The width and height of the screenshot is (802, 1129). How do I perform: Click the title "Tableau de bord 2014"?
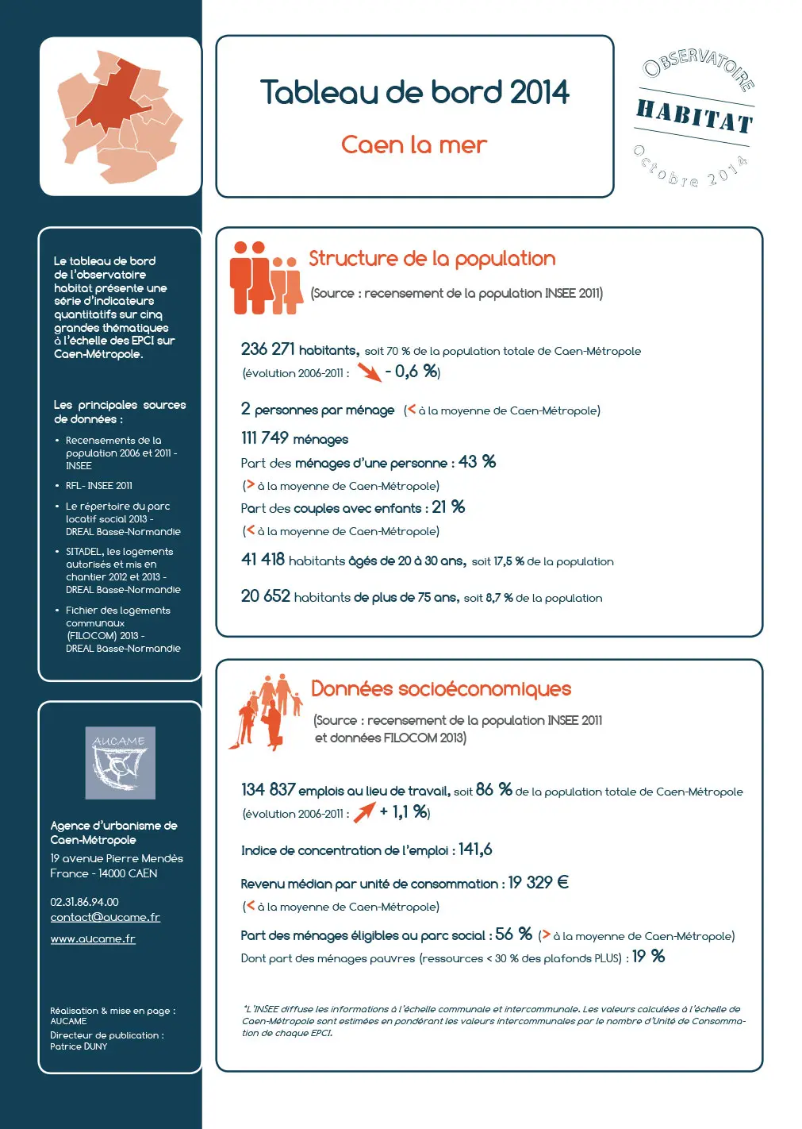coord(414,92)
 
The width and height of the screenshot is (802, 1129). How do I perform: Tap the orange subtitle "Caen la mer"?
coord(414,144)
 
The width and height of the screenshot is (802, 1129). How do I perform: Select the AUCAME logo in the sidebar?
coord(120,762)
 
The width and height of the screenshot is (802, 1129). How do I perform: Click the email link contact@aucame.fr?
coord(105,917)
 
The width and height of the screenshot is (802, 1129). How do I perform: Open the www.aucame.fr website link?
coord(93,938)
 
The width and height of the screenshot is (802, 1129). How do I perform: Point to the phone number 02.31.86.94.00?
coord(84,902)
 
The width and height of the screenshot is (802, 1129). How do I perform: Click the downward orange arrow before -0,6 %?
coord(369,372)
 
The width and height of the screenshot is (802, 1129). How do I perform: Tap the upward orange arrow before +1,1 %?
coord(364,811)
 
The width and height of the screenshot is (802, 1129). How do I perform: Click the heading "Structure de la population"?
coord(432,259)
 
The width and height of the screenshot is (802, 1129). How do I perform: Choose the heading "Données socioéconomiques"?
coord(441,688)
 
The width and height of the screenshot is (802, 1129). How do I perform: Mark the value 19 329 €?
coord(539,883)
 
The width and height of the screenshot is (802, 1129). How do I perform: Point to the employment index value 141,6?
coord(475,850)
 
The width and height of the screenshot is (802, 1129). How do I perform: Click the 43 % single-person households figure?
coord(478,462)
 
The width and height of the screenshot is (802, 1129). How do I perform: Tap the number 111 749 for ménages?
coord(265,438)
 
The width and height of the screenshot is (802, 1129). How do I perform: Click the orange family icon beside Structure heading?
coord(266,278)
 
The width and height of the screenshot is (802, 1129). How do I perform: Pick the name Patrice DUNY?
coord(79,1046)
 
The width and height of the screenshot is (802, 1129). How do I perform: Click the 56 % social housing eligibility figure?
coord(514,934)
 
